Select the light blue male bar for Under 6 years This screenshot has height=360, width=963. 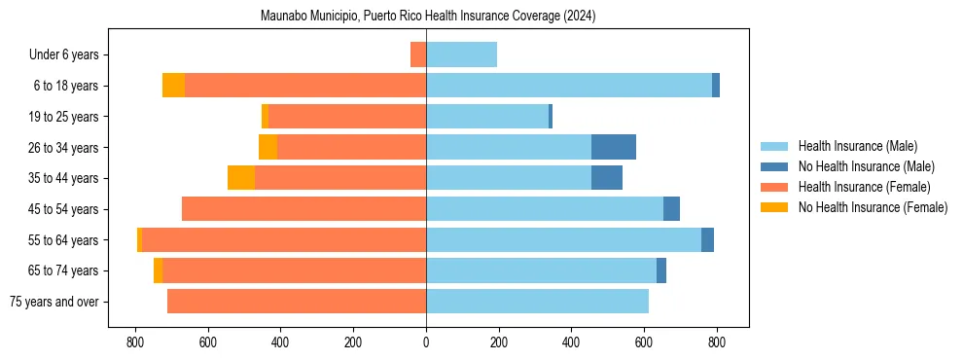coord(461,54)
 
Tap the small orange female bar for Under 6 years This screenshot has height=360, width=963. coord(418,54)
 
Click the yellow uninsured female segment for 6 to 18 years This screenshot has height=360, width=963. coord(173,86)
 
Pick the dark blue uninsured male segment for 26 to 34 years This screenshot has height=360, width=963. coord(613,147)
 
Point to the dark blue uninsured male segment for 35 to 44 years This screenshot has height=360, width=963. coord(606,178)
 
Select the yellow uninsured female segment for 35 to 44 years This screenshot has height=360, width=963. coord(241,178)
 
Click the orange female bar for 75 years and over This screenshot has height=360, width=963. coord(297,302)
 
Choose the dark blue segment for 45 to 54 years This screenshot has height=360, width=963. coord(671,209)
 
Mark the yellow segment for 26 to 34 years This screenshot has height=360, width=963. coord(267,147)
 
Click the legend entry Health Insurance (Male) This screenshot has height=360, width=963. coord(856,146)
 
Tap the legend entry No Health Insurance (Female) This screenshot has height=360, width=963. coord(873,207)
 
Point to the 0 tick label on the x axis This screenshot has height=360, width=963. coord(426,342)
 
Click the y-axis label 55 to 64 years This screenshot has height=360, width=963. coord(63,240)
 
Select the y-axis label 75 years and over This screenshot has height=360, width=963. coord(54,302)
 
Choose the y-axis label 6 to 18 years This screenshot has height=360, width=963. coord(66,86)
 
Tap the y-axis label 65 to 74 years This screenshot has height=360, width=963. coord(63,270)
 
